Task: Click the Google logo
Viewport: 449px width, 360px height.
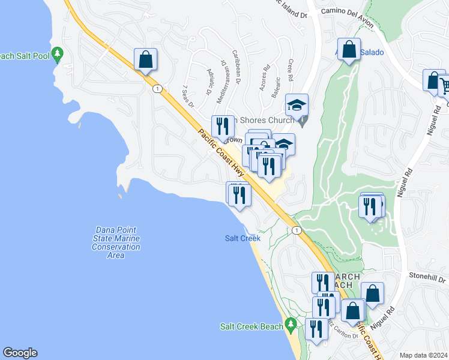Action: [20, 353]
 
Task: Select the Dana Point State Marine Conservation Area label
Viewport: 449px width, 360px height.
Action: [116, 242]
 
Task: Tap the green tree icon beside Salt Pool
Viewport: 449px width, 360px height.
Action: [58, 55]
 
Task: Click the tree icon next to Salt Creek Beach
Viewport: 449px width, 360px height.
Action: [291, 326]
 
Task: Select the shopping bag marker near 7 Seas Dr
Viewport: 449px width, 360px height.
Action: [145, 59]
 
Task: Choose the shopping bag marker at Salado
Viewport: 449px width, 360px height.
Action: [349, 50]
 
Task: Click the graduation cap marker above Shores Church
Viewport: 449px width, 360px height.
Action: [297, 105]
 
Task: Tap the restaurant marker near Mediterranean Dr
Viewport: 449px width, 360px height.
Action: [223, 126]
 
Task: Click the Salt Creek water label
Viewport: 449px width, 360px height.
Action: [243, 238]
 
